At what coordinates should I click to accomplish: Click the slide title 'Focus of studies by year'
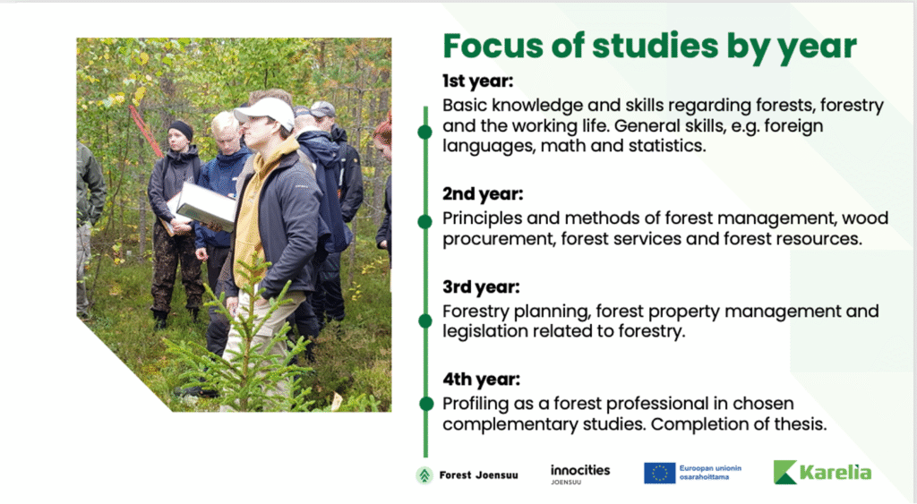(650, 47)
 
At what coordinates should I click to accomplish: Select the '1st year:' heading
(478, 81)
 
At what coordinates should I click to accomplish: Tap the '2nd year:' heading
(483, 194)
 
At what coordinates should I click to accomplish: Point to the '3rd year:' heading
(481, 287)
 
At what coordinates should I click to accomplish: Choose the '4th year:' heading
(481, 380)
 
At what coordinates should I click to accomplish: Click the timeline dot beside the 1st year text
(425, 132)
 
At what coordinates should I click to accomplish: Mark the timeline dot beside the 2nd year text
(425, 222)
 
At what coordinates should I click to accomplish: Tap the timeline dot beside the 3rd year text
(425, 321)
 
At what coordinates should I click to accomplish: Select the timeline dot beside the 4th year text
(426, 404)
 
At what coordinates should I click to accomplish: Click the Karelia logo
(822, 472)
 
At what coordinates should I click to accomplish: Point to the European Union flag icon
(660, 473)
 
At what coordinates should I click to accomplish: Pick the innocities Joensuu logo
(580, 474)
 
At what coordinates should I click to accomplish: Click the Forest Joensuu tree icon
(424, 475)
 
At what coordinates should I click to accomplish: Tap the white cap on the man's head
(265, 112)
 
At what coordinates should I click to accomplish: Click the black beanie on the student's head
(181, 129)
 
